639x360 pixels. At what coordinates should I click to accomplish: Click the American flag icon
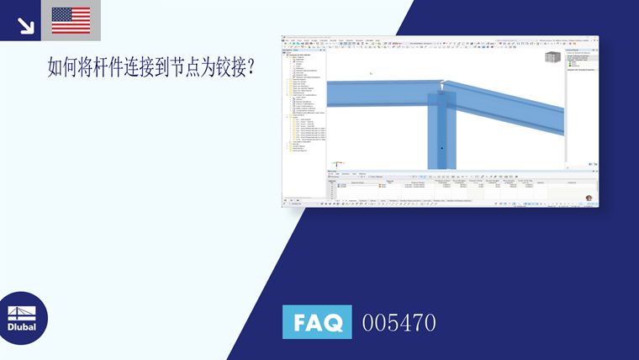[71, 20]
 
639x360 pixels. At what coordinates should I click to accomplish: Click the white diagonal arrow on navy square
[25, 25]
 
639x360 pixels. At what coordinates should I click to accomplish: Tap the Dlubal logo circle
[22, 319]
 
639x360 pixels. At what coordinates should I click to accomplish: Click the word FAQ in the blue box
[317, 322]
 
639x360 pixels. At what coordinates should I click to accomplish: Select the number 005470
[399, 322]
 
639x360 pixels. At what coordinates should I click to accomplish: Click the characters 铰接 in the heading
[224, 68]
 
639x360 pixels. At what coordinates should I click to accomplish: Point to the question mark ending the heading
[250, 68]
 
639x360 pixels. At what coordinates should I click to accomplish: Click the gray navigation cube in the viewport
[552, 57]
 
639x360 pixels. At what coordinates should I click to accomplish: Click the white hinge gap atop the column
[442, 85]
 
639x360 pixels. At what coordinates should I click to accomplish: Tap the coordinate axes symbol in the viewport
[337, 161]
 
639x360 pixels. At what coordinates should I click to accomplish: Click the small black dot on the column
[441, 148]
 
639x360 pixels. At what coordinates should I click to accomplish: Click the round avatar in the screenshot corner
[589, 199]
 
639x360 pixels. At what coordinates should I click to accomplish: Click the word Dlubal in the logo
[22, 326]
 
